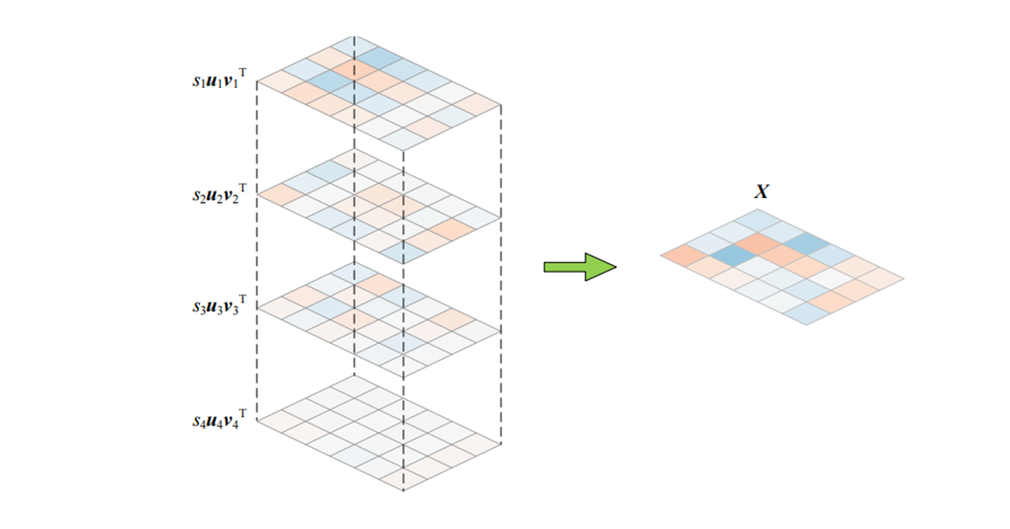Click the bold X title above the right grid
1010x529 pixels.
click(x=761, y=192)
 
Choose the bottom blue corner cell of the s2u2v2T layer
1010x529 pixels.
click(x=403, y=253)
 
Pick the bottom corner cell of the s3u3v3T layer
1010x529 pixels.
click(x=403, y=365)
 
